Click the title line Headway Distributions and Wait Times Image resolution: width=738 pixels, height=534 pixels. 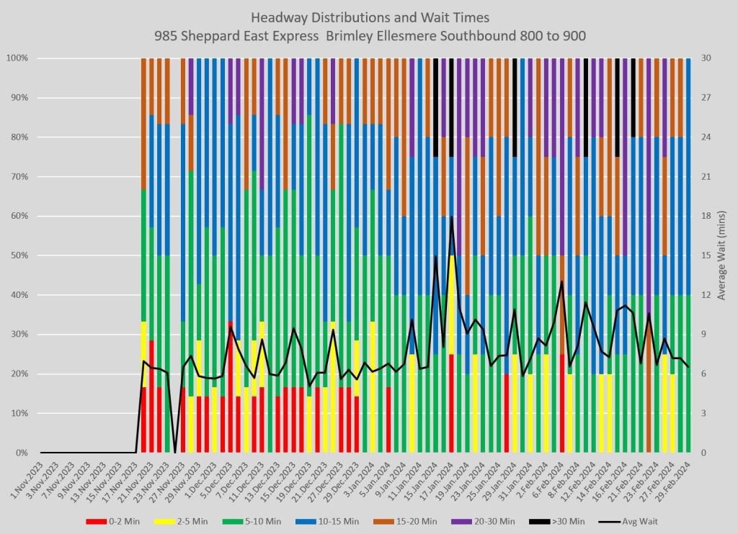point(368,17)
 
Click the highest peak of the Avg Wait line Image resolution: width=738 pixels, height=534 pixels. point(452,217)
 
